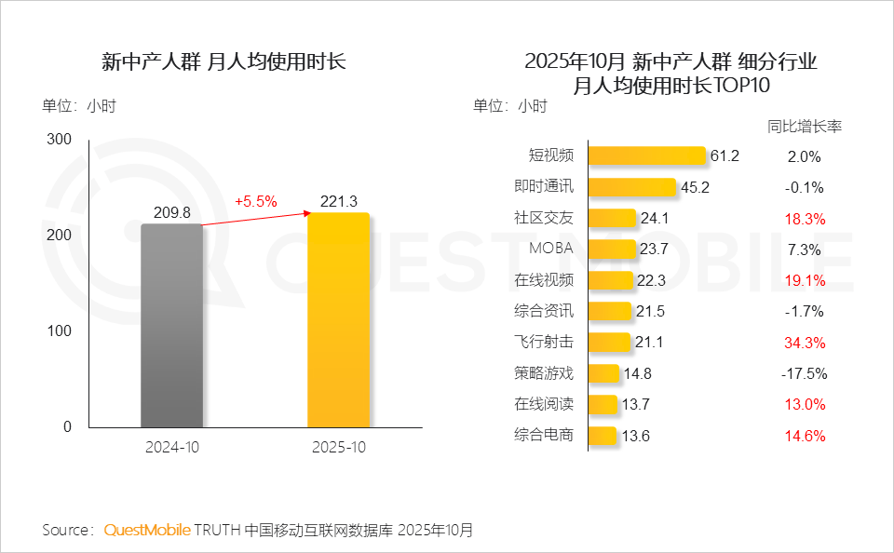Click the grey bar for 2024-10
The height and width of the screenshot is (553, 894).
[171, 325]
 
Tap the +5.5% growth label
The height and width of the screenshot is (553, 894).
[256, 201]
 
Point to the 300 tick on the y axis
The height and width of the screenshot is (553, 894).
[60, 140]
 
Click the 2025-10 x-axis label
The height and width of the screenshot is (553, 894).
[339, 447]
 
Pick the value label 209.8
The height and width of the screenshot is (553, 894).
[171, 213]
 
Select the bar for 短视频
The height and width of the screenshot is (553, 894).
[646, 156]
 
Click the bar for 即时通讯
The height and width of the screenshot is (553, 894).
[631, 187]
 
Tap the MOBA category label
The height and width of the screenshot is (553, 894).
[551, 249]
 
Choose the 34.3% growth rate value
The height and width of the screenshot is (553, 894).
[804, 343]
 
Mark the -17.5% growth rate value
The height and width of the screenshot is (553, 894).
[804, 373]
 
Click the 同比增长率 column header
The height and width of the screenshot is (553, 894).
[804, 126]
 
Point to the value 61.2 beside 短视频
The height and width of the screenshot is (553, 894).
[724, 156]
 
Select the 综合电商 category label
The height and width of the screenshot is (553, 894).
[544, 435]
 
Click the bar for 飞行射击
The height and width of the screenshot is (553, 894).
[610, 343]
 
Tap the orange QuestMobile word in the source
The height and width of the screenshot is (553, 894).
[146, 530]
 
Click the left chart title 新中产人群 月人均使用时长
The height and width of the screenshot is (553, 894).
[223, 62]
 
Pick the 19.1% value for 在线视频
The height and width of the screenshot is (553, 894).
[804, 280]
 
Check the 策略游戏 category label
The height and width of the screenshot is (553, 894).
[544, 373]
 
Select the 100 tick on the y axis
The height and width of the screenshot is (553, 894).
[60, 331]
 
